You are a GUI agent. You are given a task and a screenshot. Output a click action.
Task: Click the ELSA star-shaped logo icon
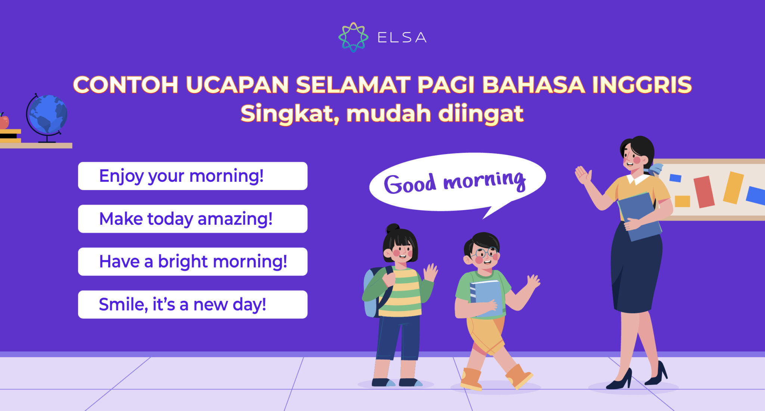(353, 37)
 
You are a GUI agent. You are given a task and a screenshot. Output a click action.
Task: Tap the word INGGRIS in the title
(642, 85)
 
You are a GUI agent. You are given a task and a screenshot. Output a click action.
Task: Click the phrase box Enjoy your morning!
(192, 176)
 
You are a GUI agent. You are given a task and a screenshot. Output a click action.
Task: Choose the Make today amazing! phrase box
(192, 219)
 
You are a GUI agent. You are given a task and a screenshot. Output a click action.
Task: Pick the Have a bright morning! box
(192, 262)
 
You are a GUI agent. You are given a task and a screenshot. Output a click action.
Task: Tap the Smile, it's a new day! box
(192, 305)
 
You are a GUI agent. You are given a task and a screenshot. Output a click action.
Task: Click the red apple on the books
(4, 122)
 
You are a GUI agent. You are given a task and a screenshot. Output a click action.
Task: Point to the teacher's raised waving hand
(583, 175)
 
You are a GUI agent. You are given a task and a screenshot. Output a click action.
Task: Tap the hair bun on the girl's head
(393, 228)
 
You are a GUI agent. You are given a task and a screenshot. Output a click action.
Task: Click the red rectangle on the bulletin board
(704, 192)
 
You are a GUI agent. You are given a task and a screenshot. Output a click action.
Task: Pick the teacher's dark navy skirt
(635, 273)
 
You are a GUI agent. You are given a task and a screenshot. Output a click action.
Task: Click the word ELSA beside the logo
(402, 37)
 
